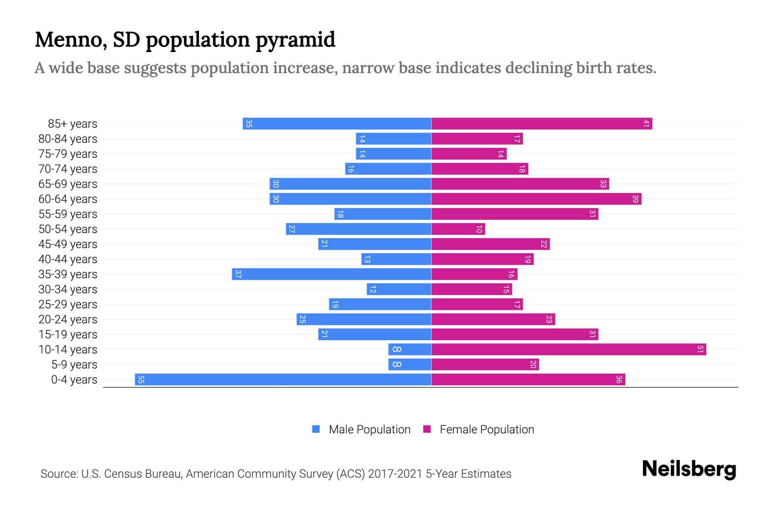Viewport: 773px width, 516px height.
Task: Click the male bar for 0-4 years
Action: coord(283,380)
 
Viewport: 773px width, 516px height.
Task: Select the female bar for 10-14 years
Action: coord(569,350)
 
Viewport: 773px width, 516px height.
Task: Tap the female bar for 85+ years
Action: coord(542,124)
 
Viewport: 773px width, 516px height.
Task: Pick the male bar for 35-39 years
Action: coord(332,274)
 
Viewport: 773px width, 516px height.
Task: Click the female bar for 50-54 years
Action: coord(458,229)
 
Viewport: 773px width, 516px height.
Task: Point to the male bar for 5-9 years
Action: coord(410,365)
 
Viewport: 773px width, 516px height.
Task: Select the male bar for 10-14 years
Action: coord(410,350)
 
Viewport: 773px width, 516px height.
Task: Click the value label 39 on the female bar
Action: coord(636,199)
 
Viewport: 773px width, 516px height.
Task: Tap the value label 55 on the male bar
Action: coord(141,380)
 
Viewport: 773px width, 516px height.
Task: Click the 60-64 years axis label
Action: coord(68,199)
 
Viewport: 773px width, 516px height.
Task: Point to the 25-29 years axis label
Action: coord(68,304)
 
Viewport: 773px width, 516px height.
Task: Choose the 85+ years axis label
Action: coord(73,124)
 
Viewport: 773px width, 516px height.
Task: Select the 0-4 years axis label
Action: coord(74,380)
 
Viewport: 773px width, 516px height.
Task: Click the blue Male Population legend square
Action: coord(316,429)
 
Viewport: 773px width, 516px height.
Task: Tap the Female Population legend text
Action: coord(487,430)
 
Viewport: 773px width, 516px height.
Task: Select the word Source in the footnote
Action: coord(58,474)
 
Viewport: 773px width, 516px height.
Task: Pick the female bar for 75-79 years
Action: coord(469,154)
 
